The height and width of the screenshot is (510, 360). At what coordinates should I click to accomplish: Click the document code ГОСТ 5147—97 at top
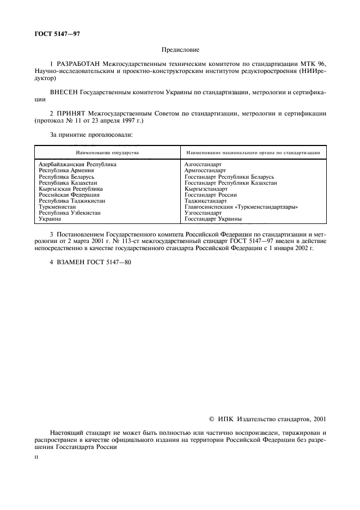point(57,34)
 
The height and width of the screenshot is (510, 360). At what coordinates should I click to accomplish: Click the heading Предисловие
point(180,50)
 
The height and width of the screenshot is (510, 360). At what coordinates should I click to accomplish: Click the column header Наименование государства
point(107,153)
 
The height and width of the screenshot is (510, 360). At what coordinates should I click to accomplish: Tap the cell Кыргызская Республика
point(70,189)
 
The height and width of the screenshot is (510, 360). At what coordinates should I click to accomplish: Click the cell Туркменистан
point(57,207)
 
